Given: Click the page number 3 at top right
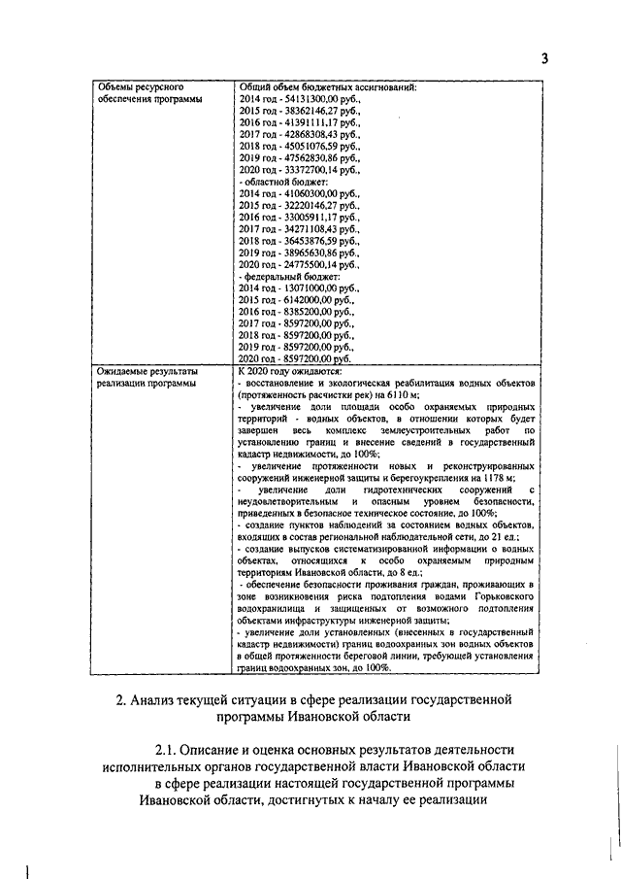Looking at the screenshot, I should (544, 57).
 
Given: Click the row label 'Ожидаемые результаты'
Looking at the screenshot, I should (147, 371).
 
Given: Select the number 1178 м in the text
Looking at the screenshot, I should (500, 478).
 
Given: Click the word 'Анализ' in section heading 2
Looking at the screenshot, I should (157, 700).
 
